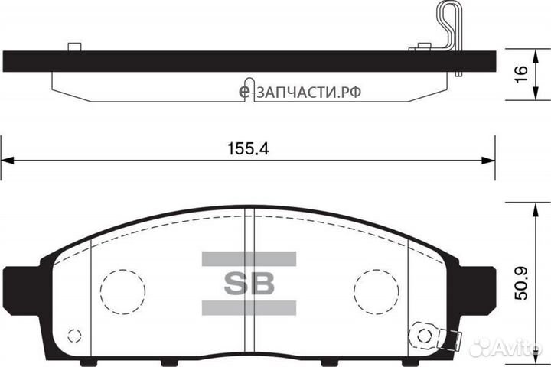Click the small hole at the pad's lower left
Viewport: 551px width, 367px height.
click(74, 335)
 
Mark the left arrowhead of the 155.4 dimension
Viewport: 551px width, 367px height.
click(8, 160)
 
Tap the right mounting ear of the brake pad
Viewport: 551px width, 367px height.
click(475, 283)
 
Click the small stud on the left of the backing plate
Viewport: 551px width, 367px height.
click(74, 47)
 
